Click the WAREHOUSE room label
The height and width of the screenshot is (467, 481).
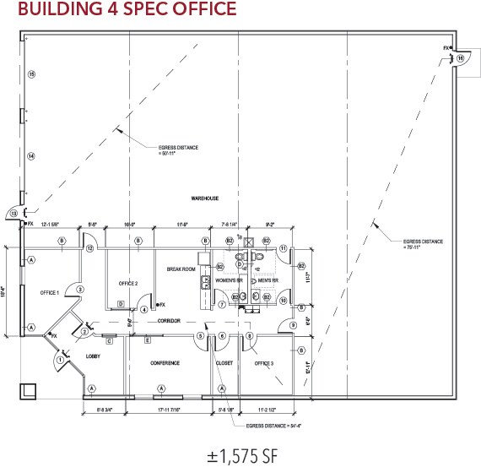click(204, 198)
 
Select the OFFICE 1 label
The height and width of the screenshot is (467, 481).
click(50, 292)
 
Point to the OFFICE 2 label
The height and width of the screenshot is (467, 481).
click(128, 283)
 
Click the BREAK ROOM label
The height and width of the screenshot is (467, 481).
click(181, 269)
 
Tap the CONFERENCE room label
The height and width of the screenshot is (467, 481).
click(165, 363)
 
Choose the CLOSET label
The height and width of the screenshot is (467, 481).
click(224, 363)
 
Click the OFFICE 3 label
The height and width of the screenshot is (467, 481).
click(264, 363)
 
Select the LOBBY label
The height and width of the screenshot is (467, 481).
click(94, 356)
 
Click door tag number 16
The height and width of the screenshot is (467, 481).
click(461, 57)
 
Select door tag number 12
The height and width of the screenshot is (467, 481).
click(89, 248)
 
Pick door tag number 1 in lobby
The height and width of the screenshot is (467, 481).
click(60, 361)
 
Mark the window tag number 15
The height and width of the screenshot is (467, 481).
click(30, 74)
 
